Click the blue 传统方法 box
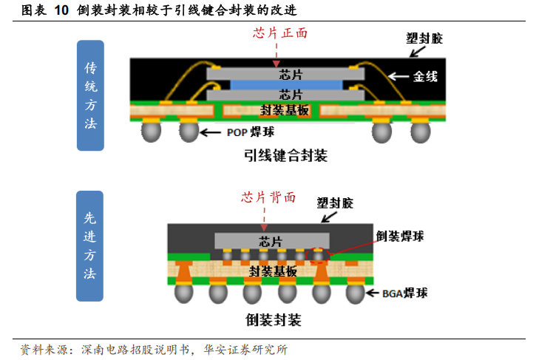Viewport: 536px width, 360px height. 90,95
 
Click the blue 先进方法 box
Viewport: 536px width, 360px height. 89,246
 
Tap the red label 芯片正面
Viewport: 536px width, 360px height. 280,33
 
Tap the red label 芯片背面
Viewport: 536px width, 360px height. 268,197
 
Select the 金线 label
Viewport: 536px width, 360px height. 425,76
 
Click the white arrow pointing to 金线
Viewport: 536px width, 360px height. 399,76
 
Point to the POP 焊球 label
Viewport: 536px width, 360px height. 251,132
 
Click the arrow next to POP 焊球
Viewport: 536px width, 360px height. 211,132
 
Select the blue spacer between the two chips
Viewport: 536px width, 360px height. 286,85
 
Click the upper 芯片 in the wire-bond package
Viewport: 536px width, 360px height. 285,74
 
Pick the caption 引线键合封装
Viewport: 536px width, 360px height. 286,155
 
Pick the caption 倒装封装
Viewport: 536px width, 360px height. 273,320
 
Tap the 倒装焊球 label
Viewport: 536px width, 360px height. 400,237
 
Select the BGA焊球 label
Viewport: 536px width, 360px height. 404,293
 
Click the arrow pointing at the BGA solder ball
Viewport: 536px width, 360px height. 373,293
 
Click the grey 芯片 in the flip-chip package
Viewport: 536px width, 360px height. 272,241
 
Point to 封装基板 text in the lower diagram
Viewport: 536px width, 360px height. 273,271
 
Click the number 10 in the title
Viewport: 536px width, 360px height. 61,10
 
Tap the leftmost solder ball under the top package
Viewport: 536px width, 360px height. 151,132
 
